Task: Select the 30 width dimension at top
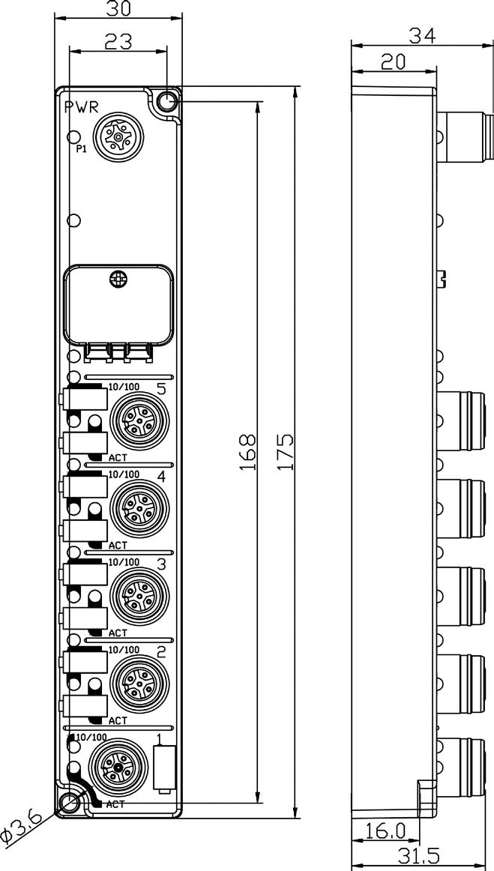click(117, 9)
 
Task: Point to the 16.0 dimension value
click(385, 831)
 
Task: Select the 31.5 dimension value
click(418, 857)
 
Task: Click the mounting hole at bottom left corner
click(70, 802)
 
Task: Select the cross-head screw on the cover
click(117, 279)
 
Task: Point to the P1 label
click(82, 149)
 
